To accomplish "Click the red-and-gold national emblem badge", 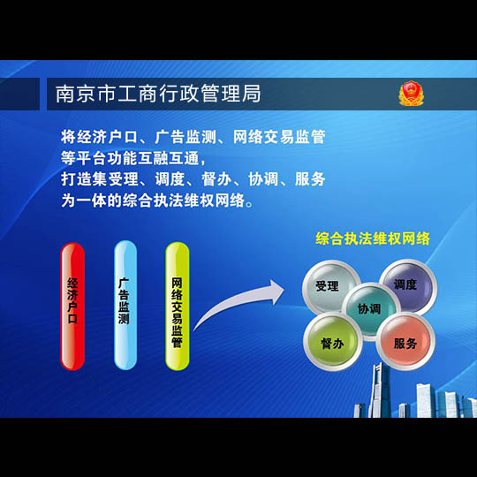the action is tap(411, 94).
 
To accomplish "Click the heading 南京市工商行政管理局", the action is tap(158, 94).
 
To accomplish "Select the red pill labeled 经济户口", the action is tap(72, 306).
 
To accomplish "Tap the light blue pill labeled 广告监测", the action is tap(125, 305).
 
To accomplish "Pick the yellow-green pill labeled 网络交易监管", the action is tap(178, 306).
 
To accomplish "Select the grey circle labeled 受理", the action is tap(331, 287).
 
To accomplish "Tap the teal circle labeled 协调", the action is tap(370, 310).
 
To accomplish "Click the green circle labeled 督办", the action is tap(333, 341).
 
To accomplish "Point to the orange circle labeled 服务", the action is tap(405, 341).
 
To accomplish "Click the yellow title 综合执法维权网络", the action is tap(373, 238).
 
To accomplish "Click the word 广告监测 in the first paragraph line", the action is tap(185, 137).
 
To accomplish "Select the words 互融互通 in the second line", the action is tap(168, 158).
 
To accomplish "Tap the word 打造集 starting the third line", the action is tap(84, 179).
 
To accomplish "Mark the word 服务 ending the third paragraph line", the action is tap(310, 179).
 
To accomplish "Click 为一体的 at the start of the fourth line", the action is tap(92, 201).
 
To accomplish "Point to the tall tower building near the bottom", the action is tap(379, 390).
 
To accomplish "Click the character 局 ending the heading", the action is tap(251, 94).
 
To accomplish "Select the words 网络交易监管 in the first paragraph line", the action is tap(279, 137).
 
